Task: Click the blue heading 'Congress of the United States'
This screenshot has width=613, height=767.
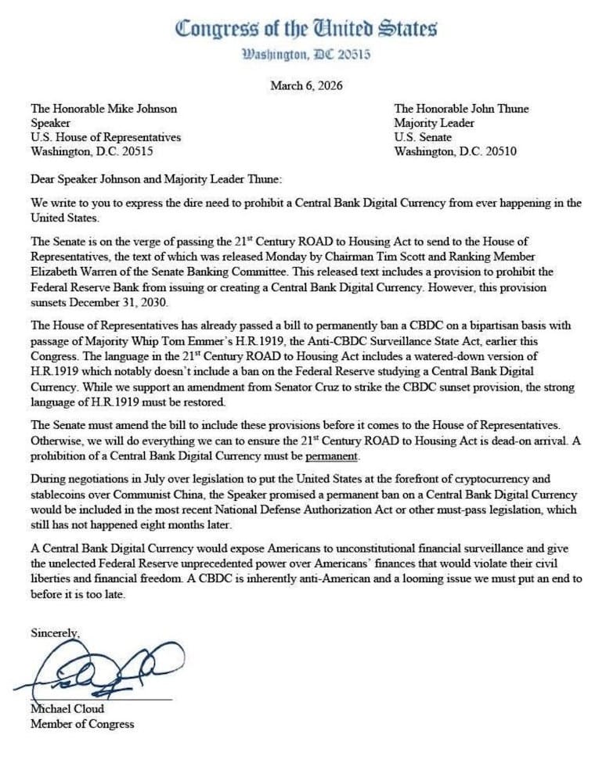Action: pos(306,29)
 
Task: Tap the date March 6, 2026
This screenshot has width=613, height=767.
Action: pos(306,85)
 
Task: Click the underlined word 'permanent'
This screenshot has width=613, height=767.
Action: pos(332,456)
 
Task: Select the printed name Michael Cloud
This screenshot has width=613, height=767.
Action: pos(67,709)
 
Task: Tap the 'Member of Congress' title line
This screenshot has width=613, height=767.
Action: pos(82,724)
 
